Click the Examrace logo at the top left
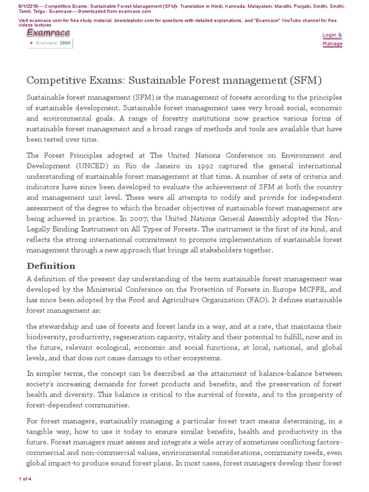point(48,33)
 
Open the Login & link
point(332,35)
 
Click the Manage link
point(332,44)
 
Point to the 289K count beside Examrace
point(65,43)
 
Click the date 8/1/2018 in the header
point(16,5)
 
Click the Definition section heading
point(51,266)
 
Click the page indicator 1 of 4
point(25,479)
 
